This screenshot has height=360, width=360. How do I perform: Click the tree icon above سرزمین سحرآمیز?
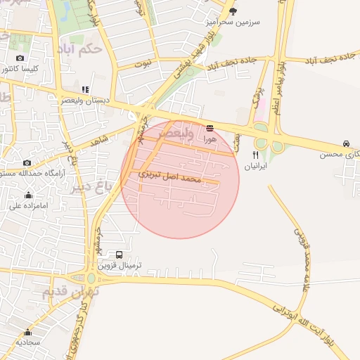click(x=233, y=11)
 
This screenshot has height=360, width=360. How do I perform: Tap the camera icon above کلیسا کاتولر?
click(x=19, y=58)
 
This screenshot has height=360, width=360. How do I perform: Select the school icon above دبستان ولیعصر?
click(x=85, y=89)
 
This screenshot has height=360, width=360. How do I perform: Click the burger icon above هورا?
click(x=210, y=128)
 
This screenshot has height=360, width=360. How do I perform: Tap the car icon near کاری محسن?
click(x=347, y=143)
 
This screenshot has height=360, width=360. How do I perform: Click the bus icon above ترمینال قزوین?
click(x=118, y=255)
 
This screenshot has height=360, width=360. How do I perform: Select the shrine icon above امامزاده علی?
click(x=28, y=195)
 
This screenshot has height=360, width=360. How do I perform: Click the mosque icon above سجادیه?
click(x=27, y=332)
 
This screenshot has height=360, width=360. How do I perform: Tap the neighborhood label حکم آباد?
click(x=101, y=48)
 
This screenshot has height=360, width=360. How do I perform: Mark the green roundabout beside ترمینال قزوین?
click(x=95, y=274)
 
